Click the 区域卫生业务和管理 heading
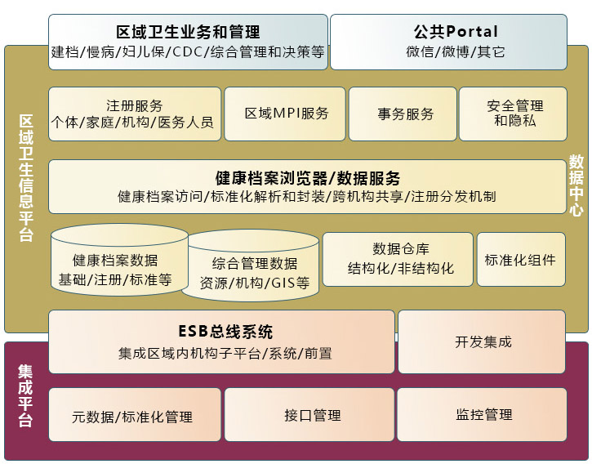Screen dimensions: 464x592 click(x=188, y=33)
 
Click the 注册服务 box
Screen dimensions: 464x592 click(x=135, y=114)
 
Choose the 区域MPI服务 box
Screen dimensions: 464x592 click(x=287, y=114)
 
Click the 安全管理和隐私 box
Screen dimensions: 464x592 click(x=514, y=114)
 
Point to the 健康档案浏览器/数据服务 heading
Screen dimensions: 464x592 click(x=307, y=178)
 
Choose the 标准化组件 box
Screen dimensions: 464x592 click(x=520, y=260)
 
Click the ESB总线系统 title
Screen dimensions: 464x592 click(x=225, y=332)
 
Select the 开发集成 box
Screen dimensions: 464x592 click(x=483, y=341)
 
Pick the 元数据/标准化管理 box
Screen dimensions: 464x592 click(x=132, y=417)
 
